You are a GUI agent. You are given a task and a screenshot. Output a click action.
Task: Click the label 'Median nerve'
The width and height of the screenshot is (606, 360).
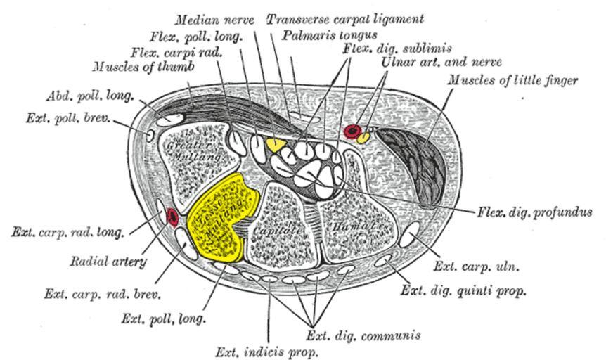pyautogui.click(x=215, y=20)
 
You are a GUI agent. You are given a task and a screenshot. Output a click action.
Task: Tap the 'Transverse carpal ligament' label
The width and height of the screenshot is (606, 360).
pyautogui.click(x=344, y=18)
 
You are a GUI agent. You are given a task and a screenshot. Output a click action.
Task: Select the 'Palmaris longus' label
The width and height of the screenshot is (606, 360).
pyautogui.click(x=328, y=34)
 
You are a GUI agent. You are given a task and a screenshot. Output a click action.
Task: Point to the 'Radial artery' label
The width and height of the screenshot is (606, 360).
pyautogui.click(x=109, y=262)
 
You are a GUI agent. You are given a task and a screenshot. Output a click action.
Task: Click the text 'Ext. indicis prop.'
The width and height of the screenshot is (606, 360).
pyautogui.click(x=266, y=350)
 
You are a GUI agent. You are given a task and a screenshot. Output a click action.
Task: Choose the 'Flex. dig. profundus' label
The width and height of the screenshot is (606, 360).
pyautogui.click(x=534, y=212)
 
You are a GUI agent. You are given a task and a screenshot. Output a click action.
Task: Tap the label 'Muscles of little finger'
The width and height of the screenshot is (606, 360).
pyautogui.click(x=513, y=81)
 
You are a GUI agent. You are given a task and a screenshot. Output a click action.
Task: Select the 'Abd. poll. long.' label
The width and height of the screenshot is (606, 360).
pyautogui.click(x=89, y=96)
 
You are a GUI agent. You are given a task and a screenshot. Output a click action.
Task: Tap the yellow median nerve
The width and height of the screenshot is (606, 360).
pyautogui.click(x=275, y=144)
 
